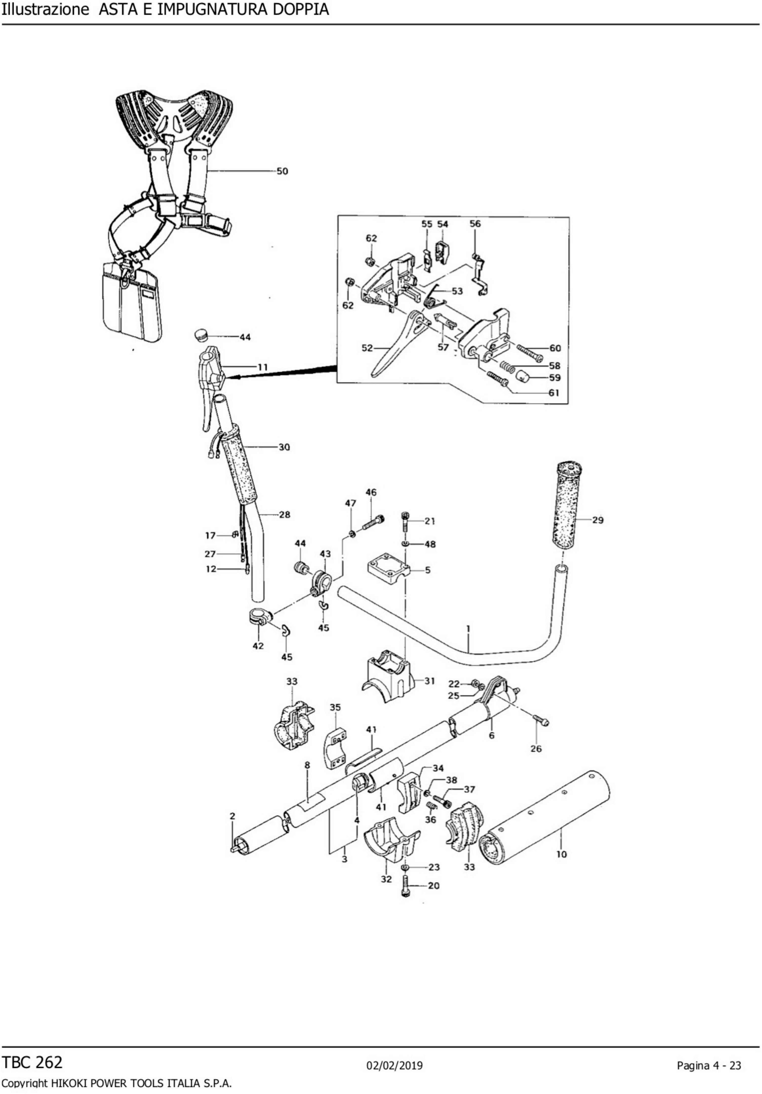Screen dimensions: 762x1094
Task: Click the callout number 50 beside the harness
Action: point(282,171)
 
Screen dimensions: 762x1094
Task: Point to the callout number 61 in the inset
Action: point(554,393)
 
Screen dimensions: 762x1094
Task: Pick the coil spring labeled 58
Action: point(508,366)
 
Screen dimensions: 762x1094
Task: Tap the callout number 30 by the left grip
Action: point(284,447)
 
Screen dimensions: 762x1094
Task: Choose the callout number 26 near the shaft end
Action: point(536,749)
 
